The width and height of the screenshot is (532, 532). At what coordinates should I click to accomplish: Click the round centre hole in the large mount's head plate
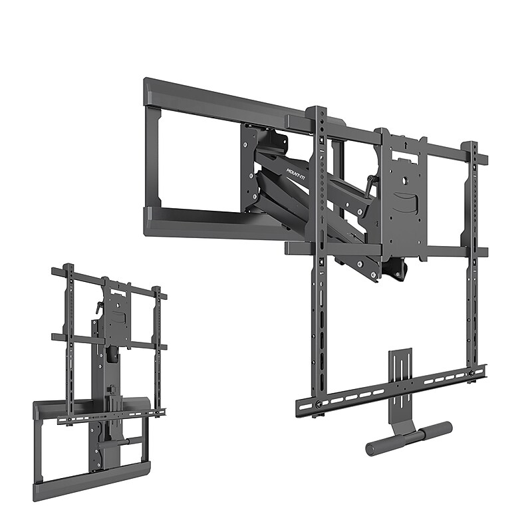click(403, 178)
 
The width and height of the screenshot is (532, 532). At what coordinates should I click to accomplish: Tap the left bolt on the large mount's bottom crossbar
click(319, 404)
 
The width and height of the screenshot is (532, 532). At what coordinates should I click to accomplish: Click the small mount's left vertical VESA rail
click(68, 339)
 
